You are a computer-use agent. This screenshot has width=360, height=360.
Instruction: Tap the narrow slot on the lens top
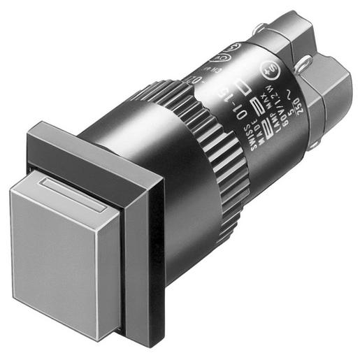pyautogui.click(x=73, y=193)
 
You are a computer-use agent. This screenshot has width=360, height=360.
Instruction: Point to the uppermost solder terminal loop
pyautogui.click(x=261, y=29)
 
